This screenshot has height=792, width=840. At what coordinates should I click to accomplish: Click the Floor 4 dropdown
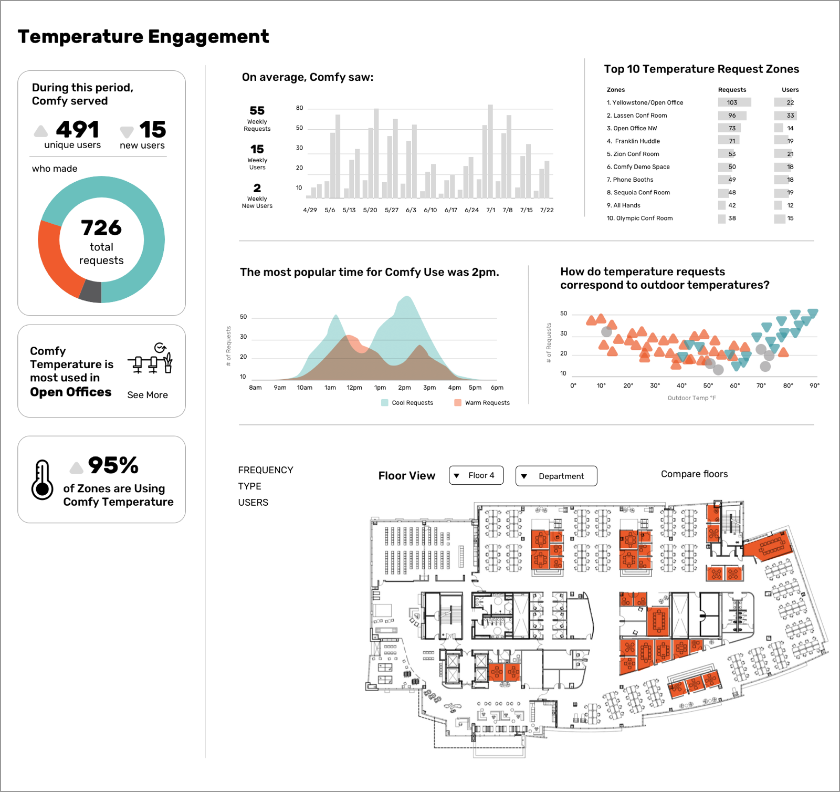[476, 475]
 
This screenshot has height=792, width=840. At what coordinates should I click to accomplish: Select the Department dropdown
[556, 476]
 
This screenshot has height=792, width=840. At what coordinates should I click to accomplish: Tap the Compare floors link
[694, 474]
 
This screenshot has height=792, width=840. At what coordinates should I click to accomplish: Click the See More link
[148, 395]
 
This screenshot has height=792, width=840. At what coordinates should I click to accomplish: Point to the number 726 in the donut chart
[101, 228]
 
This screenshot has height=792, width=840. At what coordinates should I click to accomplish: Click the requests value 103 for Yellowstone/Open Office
[732, 102]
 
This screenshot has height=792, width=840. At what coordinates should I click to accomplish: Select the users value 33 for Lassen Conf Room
[790, 116]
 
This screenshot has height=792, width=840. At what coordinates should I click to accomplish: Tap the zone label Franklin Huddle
[637, 141]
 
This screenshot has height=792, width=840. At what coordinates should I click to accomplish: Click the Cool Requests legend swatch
[385, 403]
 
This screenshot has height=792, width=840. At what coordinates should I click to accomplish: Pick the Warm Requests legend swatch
[458, 403]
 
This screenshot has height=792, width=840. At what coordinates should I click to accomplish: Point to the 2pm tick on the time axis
[404, 388]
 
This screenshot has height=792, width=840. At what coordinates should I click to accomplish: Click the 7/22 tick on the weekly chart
[547, 210]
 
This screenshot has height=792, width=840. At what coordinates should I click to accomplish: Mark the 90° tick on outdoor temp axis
[814, 385]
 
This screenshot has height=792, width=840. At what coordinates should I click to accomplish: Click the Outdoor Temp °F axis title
[691, 398]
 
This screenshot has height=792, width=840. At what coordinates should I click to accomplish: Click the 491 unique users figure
[77, 130]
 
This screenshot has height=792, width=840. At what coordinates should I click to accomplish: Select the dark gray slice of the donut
[91, 291]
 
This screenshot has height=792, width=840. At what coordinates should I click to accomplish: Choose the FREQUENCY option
[266, 470]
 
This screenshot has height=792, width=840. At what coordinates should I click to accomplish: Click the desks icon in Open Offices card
[151, 358]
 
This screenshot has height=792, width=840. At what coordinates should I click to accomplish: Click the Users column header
[790, 90]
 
